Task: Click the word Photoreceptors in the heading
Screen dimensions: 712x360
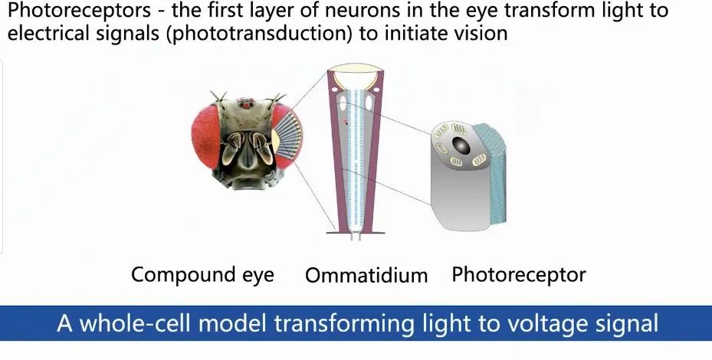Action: click(x=80, y=11)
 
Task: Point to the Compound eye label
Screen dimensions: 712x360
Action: click(x=202, y=275)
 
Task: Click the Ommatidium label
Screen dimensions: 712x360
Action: click(x=366, y=275)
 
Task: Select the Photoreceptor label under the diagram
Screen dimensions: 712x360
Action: click(x=519, y=275)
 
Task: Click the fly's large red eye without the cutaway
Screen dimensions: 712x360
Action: click(x=205, y=136)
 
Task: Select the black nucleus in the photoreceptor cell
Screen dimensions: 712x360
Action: click(x=461, y=146)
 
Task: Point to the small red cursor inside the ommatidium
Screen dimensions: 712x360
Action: click(x=346, y=122)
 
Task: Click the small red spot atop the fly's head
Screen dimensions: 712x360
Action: click(x=246, y=105)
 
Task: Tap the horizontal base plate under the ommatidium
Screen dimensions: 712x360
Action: click(x=356, y=232)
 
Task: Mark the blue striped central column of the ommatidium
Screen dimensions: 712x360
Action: click(x=356, y=159)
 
